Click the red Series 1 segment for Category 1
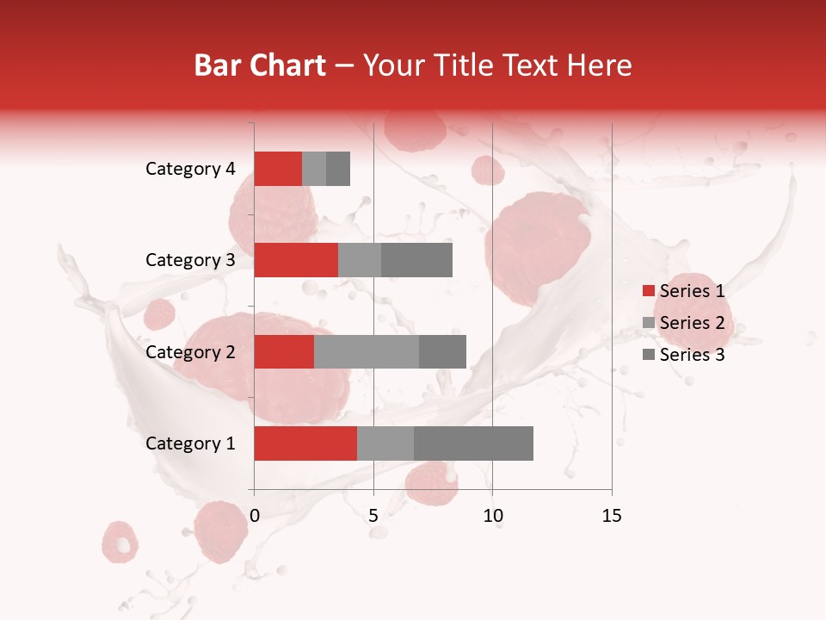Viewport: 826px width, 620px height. pos(305,443)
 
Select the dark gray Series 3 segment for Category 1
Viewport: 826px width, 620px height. pos(473,443)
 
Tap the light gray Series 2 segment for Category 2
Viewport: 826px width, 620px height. pos(367,351)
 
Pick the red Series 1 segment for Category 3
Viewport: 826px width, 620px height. pos(296,260)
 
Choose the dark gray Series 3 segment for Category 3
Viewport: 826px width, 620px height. pos(416,260)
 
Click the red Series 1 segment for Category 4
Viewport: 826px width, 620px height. pos(278,169)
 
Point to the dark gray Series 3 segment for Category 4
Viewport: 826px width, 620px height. pos(338,169)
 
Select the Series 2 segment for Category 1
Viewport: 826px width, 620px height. pos(385,443)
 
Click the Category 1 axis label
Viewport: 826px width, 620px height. pos(190,443)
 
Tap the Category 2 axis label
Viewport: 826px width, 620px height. pos(190,352)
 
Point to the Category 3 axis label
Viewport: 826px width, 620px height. pos(190,260)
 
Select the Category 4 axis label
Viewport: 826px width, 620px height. pos(190,169)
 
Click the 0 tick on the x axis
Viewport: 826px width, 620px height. pos(255,516)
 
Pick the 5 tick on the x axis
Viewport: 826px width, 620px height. pos(373,516)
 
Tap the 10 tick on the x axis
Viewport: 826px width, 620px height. pos(492,516)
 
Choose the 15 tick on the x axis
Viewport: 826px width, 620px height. pos(611,516)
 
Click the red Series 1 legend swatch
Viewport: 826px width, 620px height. pos(648,291)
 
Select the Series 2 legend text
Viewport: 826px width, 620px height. pos(692,323)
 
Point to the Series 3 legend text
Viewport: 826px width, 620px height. pos(692,355)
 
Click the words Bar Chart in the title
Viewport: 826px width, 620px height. pos(259,65)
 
